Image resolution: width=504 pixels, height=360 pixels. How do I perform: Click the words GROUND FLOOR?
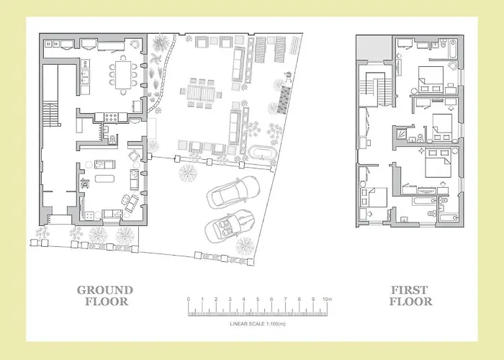click(x=105, y=296)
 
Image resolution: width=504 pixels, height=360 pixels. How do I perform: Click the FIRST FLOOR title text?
click(x=410, y=296)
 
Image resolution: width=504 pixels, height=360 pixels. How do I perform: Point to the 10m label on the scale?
click(x=327, y=300)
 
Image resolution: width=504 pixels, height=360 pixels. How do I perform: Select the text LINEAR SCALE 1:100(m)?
click(x=258, y=324)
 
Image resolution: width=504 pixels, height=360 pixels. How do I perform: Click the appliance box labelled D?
click(x=48, y=44)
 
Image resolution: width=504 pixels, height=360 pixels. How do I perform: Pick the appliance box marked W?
click(x=55, y=44)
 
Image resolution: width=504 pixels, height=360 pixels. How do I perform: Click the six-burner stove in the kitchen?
click(x=111, y=117)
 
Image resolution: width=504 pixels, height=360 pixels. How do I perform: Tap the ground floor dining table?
click(x=123, y=75)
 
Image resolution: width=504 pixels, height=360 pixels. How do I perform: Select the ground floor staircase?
click(x=50, y=114)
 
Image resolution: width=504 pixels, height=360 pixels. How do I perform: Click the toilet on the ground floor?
click(x=112, y=140)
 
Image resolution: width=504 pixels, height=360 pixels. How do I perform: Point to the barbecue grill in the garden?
click(x=288, y=76)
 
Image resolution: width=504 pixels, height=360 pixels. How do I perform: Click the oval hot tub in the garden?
click(x=263, y=153)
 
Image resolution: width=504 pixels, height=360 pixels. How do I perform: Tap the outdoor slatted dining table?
click(x=201, y=93)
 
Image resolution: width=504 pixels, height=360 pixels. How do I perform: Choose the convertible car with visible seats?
click(x=229, y=226)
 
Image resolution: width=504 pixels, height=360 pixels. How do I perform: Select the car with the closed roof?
click(x=233, y=192)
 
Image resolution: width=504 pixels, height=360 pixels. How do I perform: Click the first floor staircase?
click(x=376, y=89)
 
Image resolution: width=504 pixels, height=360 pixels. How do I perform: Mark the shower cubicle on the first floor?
click(x=401, y=133)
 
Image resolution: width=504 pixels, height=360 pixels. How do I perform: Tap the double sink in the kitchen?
click(x=85, y=78)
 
